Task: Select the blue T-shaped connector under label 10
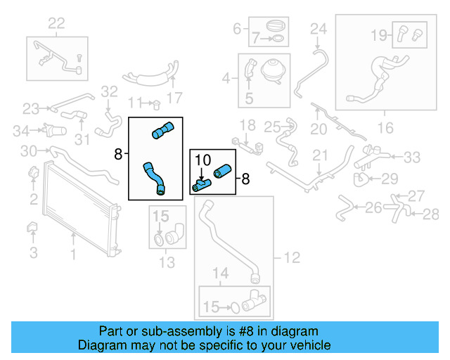coord(202,185)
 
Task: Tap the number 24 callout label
coord(319,29)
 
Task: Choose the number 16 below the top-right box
coord(385,127)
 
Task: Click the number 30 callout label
coord(28,150)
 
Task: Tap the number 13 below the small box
coord(167,263)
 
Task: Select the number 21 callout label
coord(321,155)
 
